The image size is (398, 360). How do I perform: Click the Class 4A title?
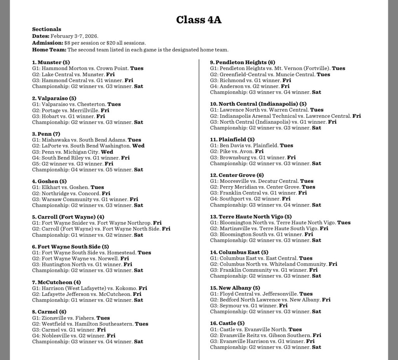click(x=199, y=19)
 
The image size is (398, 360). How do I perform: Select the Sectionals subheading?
click(x=47, y=29)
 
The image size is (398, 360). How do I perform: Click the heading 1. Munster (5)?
click(x=51, y=62)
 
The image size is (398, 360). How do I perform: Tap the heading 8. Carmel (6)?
click(x=49, y=312)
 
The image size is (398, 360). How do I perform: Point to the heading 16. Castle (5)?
click(x=227, y=323)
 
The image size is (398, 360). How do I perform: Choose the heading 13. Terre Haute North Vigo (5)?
click(x=251, y=217)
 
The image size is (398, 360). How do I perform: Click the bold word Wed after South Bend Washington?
click(x=138, y=146)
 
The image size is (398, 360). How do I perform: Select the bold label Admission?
click(x=47, y=43)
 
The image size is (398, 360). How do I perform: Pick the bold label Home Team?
click(x=49, y=50)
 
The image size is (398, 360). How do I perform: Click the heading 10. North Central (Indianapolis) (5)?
click(x=258, y=104)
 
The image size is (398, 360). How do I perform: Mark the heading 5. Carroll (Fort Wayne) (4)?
click(x=68, y=217)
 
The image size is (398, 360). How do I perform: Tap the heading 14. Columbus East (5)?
click(x=239, y=252)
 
